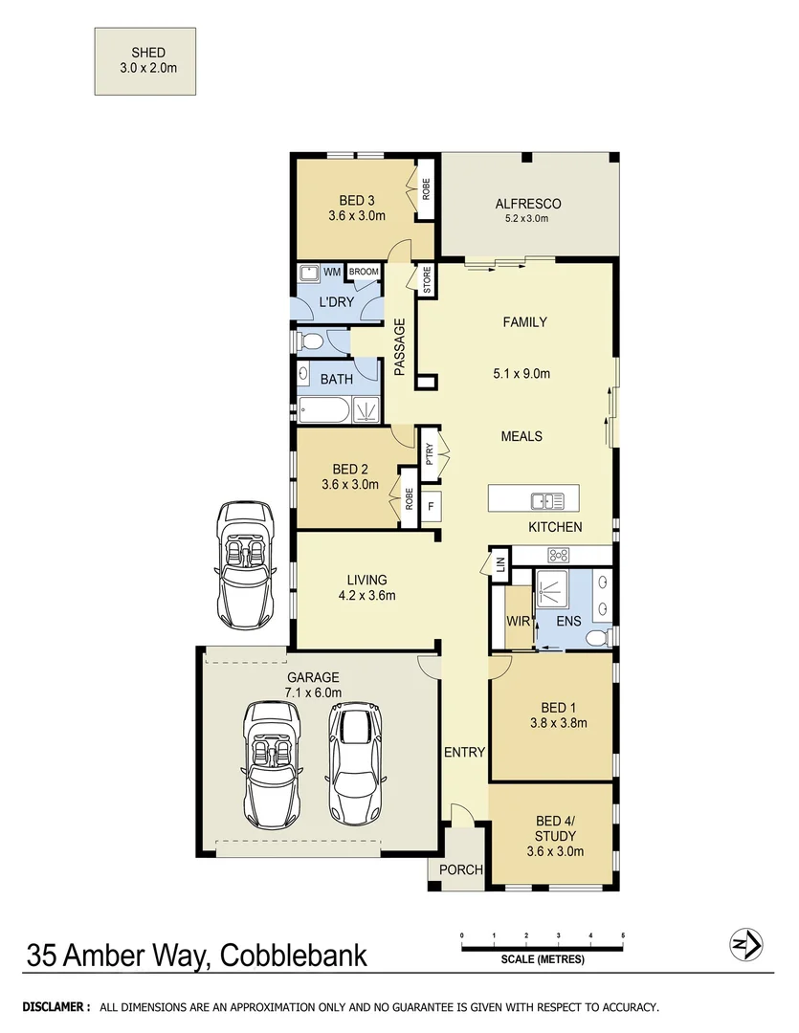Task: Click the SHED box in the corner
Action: point(145,61)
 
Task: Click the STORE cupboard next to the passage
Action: point(427,280)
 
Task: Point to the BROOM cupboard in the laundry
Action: point(364,273)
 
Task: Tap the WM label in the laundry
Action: point(332,273)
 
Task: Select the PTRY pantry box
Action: point(430,451)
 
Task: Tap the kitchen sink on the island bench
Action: point(546,499)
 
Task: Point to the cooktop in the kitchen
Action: point(559,555)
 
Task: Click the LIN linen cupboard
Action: point(499,562)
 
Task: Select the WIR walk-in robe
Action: point(518,620)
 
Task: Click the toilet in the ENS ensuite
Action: point(597,638)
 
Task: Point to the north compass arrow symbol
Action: point(745,946)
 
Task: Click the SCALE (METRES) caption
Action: point(542,959)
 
